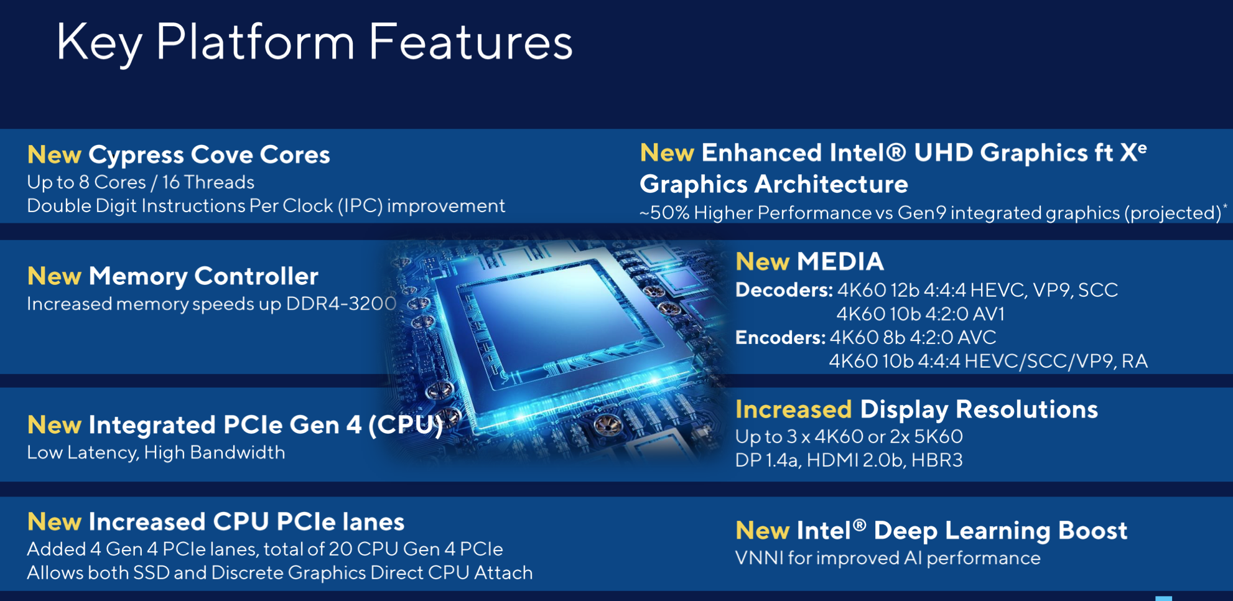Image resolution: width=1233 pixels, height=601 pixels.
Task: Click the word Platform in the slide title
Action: [254, 42]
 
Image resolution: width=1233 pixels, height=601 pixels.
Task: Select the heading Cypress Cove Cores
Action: [209, 155]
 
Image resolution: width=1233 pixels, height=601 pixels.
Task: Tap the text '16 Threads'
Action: [208, 182]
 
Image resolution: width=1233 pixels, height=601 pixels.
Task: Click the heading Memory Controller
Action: [203, 276]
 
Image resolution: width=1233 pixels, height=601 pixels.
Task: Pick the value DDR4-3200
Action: [341, 304]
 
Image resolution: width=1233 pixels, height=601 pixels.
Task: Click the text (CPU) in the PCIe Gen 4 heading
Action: [406, 425]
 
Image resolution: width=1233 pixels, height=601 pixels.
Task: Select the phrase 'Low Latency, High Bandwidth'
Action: [156, 452]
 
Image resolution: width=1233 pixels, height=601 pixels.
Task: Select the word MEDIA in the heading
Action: [840, 262]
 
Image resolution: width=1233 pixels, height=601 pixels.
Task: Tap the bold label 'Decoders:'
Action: [784, 290]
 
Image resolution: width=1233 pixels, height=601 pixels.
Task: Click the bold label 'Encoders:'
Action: [780, 337]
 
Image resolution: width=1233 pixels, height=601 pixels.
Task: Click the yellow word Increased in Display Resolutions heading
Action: [793, 409]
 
